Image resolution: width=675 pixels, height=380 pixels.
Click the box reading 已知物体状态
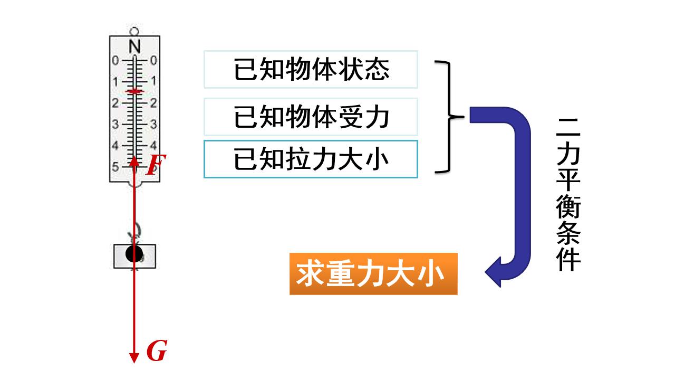tap(311, 69)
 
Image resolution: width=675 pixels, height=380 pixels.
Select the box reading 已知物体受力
tap(311, 117)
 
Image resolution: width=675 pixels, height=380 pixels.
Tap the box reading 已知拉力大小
tap(311, 159)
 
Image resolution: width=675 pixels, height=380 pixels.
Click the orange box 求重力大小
tap(373, 274)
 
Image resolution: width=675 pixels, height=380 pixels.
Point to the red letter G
tap(157, 350)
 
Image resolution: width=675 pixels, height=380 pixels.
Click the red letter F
tap(156, 165)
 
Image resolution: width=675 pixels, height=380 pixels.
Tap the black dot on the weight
tap(134, 254)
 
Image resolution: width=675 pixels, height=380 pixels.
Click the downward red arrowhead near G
tap(134, 358)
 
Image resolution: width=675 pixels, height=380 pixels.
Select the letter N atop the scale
tap(134, 47)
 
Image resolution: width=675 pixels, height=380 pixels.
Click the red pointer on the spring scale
tap(134, 91)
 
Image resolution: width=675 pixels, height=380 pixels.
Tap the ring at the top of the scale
tap(134, 31)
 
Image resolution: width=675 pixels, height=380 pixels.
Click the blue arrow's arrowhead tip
tap(485, 272)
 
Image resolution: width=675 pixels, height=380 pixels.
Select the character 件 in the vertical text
tap(568, 259)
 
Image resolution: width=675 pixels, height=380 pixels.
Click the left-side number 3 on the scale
tap(115, 124)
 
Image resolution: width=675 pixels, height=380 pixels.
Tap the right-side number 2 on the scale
tap(153, 103)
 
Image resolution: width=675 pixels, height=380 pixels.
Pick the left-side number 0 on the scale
tap(115, 60)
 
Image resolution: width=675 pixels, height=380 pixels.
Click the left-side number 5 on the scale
tap(115, 166)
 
